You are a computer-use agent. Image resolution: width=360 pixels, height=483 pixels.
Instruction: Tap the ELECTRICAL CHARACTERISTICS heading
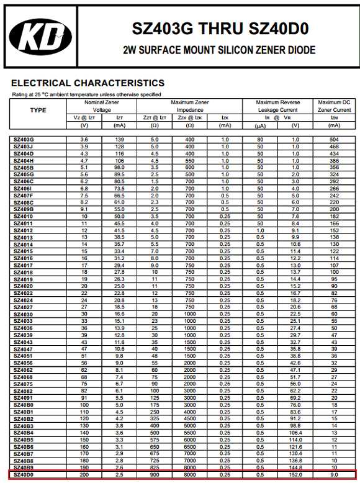[x=88, y=83]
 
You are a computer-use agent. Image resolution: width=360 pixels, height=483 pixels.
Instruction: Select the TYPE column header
[x=38, y=110]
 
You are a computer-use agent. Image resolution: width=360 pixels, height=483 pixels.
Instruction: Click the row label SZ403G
[x=24, y=140]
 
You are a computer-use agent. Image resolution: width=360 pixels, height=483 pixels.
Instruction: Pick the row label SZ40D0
[x=24, y=475]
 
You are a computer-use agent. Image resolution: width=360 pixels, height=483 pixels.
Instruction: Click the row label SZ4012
[x=24, y=230]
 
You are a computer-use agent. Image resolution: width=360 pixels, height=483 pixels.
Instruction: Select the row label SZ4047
[x=24, y=349]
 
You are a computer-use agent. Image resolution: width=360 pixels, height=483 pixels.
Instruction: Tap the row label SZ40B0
[x=24, y=405]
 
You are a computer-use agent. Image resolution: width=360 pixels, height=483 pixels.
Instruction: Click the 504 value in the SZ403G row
[x=334, y=140]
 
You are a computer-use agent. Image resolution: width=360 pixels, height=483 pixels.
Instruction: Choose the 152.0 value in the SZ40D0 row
[x=295, y=475]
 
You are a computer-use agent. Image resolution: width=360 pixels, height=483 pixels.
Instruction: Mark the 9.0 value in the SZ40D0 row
[x=334, y=475]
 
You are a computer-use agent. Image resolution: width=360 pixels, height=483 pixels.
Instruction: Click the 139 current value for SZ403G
[x=119, y=140]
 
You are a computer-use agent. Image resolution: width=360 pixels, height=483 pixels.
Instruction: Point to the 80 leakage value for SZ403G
[x=261, y=140]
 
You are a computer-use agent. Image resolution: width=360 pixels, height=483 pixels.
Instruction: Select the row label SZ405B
[x=24, y=168]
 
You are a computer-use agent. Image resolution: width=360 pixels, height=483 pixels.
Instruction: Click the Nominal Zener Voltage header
[x=102, y=106]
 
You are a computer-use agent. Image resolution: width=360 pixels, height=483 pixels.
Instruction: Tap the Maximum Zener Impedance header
[x=189, y=106]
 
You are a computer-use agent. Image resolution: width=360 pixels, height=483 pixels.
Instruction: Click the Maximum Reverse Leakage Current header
[x=278, y=106]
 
